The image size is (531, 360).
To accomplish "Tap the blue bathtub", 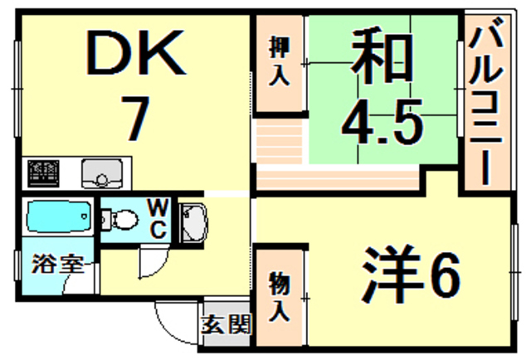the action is pos(57,218).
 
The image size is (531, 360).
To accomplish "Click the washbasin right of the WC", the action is pos(192,221).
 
